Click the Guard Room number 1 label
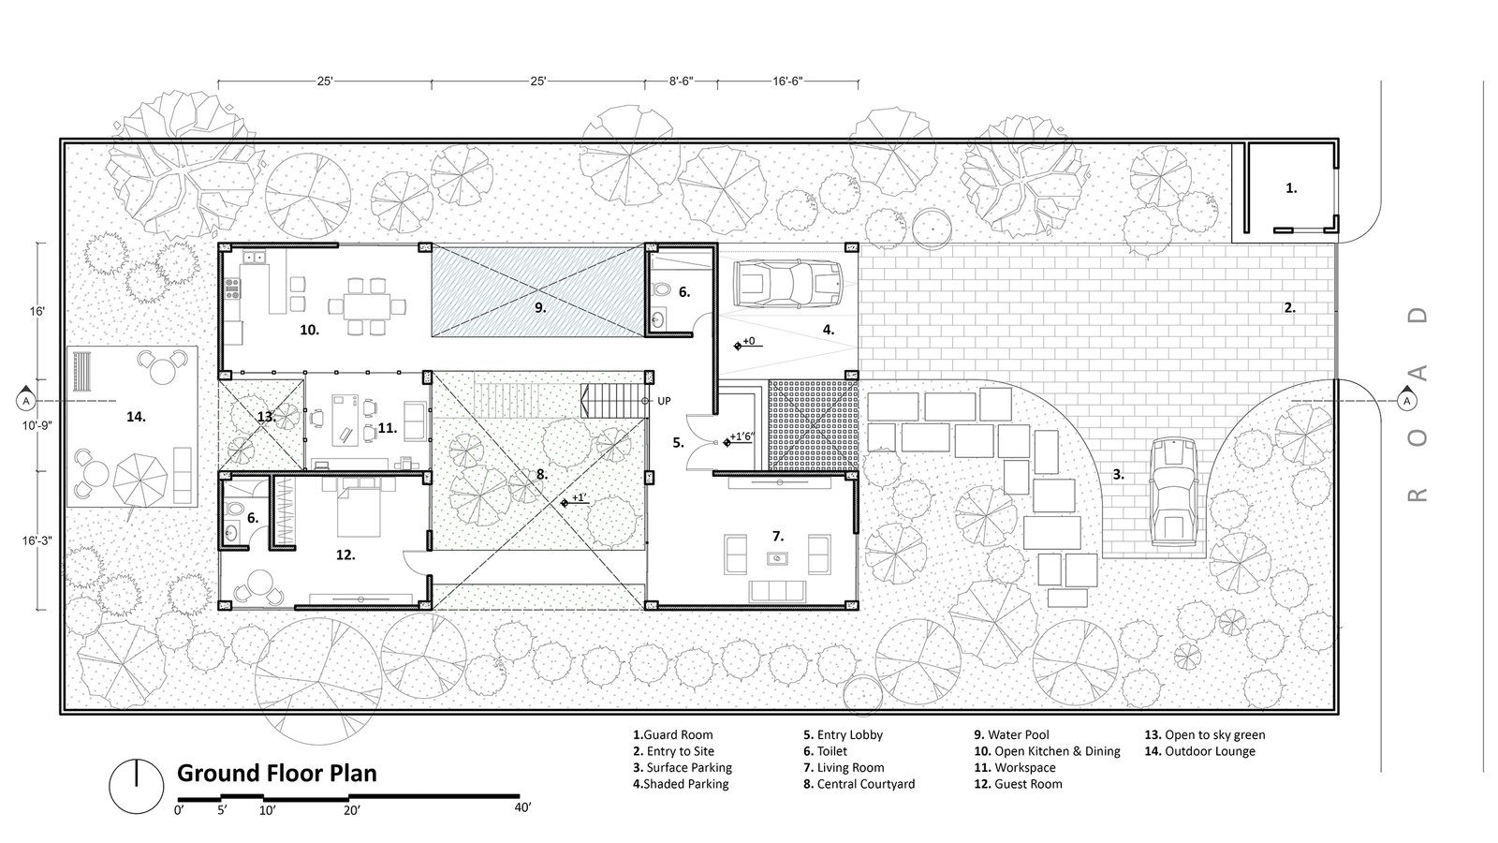tap(1291, 188)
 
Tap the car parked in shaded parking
tap(787, 284)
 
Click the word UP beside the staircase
tap(664, 401)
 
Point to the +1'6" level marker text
tap(742, 436)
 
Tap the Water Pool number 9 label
tap(540, 308)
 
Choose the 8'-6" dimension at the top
tap(682, 81)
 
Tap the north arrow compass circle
tap(137, 786)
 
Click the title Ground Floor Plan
tap(276, 773)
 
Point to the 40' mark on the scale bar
tap(522, 807)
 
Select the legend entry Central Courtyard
tap(859, 784)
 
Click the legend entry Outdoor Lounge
tap(1199, 751)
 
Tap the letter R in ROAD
tap(1417, 495)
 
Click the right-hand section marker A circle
tap(1407, 401)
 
